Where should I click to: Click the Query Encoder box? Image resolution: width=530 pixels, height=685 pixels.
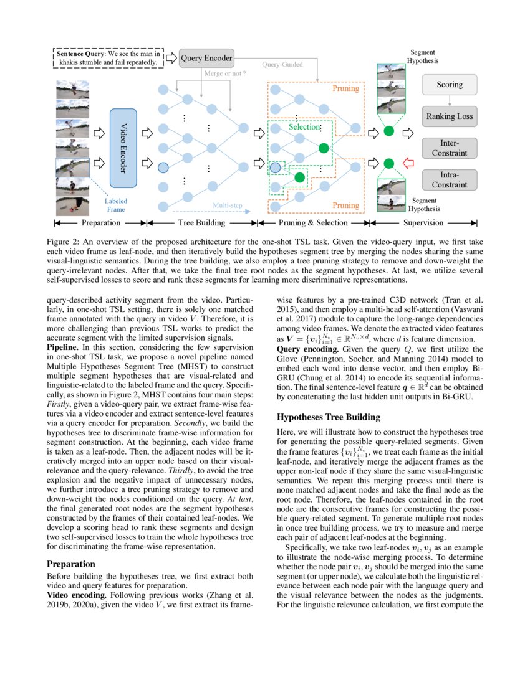(x=206, y=59)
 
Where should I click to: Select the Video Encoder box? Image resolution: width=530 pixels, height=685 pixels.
(x=123, y=148)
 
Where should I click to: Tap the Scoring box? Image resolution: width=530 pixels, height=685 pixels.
(x=449, y=85)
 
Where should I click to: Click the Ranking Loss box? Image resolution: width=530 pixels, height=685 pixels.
(x=449, y=116)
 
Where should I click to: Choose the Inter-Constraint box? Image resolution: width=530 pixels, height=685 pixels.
(x=449, y=148)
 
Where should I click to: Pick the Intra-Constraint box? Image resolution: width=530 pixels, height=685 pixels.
(x=449, y=180)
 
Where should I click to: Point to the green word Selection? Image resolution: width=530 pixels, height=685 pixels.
(x=304, y=126)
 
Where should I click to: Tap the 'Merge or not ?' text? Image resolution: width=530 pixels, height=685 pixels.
(x=225, y=74)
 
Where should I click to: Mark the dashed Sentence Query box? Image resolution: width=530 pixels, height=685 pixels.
(x=108, y=58)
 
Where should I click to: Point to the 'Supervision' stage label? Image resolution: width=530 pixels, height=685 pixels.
(x=423, y=222)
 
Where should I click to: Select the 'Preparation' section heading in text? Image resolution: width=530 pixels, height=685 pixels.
(x=72, y=564)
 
